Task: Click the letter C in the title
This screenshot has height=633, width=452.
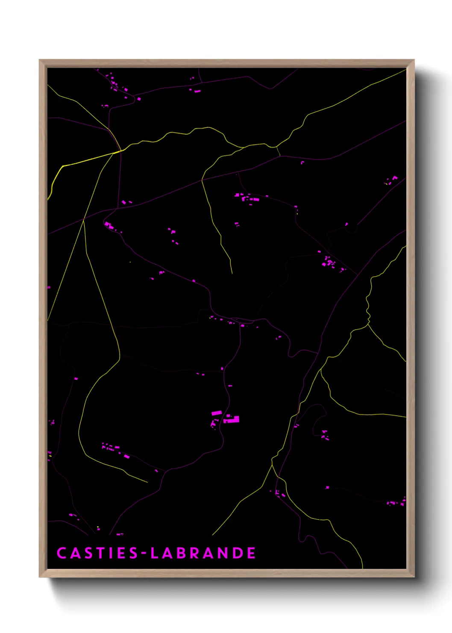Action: pyautogui.click(x=62, y=553)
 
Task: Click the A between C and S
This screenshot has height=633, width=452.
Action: pyautogui.click(x=74, y=553)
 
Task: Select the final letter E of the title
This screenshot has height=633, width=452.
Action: pyautogui.click(x=251, y=553)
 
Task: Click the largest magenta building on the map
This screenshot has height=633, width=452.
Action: pyautogui.click(x=233, y=420)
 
